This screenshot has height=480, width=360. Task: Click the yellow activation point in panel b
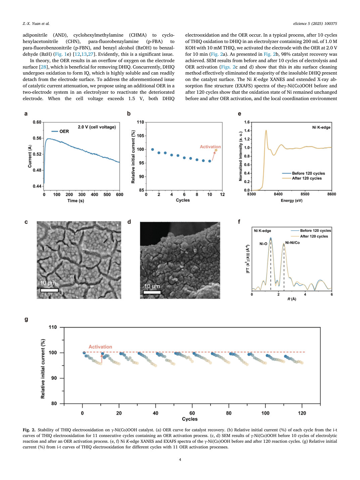point(216,150)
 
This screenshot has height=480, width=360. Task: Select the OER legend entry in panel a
point(60,131)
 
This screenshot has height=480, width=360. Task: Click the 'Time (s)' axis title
point(76,201)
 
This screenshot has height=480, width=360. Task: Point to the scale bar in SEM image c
point(49,290)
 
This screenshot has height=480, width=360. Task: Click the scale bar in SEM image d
point(152,292)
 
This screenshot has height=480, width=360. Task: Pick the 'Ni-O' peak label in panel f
point(263,244)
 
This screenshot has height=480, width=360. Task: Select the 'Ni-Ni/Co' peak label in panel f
point(292,243)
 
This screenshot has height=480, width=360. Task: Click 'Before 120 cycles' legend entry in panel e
point(304,173)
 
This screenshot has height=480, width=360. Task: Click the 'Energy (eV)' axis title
point(291,200)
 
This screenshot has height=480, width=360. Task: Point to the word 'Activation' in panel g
point(100,347)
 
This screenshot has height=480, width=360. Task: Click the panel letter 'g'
point(26,319)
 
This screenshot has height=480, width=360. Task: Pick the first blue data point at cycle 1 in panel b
point(152,149)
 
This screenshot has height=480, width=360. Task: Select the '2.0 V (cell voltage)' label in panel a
point(97,127)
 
